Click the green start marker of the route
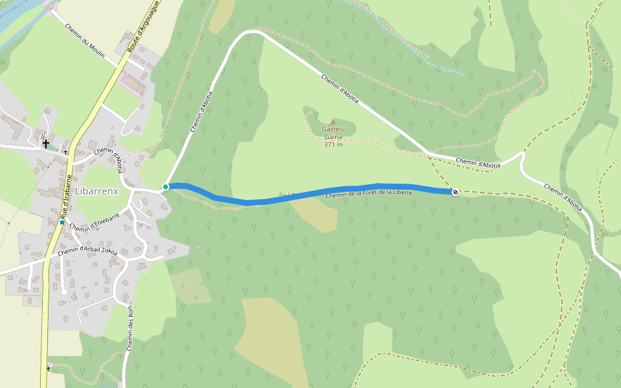point(166,187)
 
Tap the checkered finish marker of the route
point(455,191)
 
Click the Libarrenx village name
point(96,191)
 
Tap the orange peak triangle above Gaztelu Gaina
point(333,122)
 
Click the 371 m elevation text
point(333,144)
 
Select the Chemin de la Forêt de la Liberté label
point(369,193)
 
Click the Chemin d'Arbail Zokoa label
point(87,250)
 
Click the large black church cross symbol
point(46,144)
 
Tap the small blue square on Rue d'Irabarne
point(62,222)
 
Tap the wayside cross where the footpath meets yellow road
point(48,369)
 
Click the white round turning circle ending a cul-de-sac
point(64,292)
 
